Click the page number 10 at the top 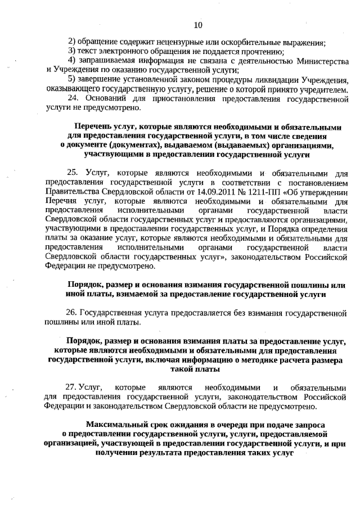[x=197, y=25]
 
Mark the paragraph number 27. [x=71, y=388]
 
